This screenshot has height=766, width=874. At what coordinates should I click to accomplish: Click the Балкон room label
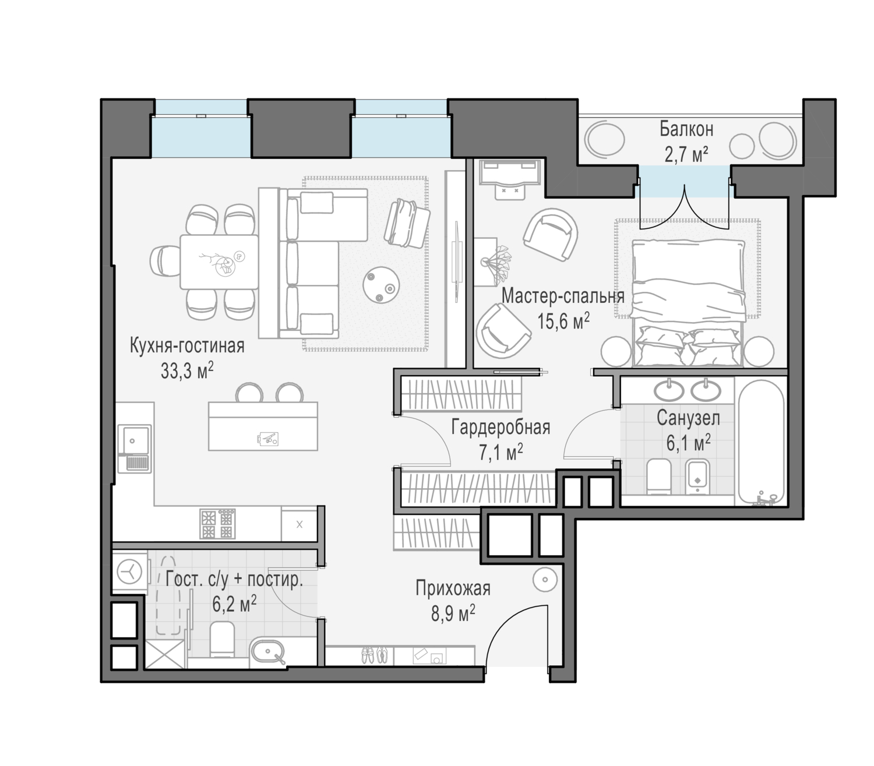[686, 128]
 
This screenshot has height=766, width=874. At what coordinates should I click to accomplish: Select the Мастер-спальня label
[562, 296]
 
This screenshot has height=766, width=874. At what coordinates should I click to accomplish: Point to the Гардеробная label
[501, 427]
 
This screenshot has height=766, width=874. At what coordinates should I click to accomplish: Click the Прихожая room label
[453, 588]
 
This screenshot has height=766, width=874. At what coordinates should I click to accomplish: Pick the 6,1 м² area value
[688, 443]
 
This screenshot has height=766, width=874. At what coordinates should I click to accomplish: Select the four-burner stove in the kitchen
[217, 524]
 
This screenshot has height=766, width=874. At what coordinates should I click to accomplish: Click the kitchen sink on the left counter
[134, 440]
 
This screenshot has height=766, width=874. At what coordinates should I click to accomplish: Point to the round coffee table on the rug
[380, 285]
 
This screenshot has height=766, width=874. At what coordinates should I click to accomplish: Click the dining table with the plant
[218, 262]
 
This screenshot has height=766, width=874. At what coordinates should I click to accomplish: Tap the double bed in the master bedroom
[689, 303]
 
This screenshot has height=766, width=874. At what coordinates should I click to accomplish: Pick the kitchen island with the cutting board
[263, 426]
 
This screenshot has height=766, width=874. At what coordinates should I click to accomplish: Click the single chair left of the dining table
[164, 261]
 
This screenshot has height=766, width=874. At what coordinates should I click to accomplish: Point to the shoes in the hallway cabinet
[372, 655]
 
